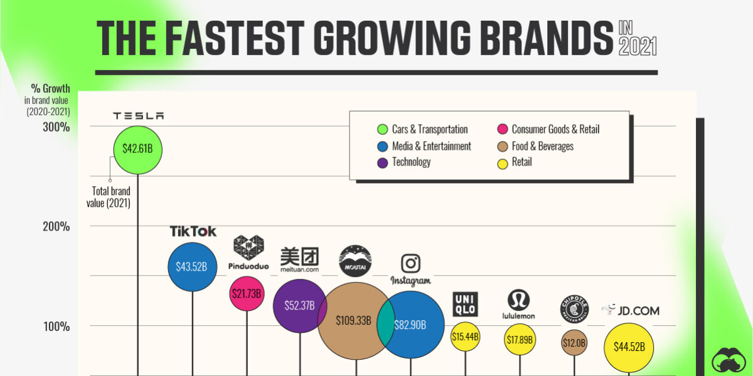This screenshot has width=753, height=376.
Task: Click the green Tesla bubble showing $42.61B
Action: click(x=137, y=150)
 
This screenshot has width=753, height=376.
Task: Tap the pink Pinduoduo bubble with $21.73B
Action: click(x=246, y=293)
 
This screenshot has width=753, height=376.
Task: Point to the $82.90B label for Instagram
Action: click(x=410, y=325)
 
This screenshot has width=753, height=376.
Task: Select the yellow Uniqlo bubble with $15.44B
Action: click(x=465, y=337)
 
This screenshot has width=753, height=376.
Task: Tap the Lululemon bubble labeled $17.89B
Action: click(x=520, y=340)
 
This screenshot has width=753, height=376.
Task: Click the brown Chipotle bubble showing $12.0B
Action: click(x=574, y=343)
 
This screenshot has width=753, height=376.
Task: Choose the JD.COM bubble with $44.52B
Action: click(x=628, y=347)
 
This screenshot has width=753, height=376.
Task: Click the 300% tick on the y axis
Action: click(x=56, y=127)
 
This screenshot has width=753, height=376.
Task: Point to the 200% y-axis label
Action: click(x=56, y=226)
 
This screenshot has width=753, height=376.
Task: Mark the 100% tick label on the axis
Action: click(x=56, y=326)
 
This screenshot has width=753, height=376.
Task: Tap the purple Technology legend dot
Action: click(x=381, y=162)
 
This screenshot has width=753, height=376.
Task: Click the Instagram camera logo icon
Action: click(x=410, y=263)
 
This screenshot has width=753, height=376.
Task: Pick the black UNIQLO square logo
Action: click(x=465, y=304)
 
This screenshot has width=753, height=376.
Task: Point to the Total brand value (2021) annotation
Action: click(x=108, y=197)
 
